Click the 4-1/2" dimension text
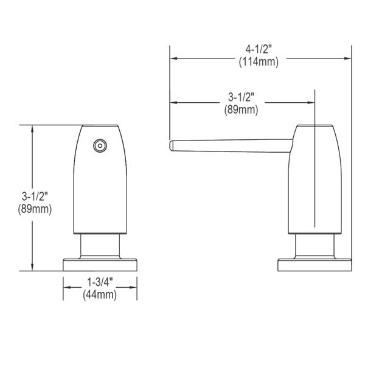259,49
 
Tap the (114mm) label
259,62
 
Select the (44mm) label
100,295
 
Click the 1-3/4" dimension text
100,282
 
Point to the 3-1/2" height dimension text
35,196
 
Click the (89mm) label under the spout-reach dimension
241,109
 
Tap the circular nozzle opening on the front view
100,146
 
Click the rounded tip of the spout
172,146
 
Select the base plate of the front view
100,265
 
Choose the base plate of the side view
315,265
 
